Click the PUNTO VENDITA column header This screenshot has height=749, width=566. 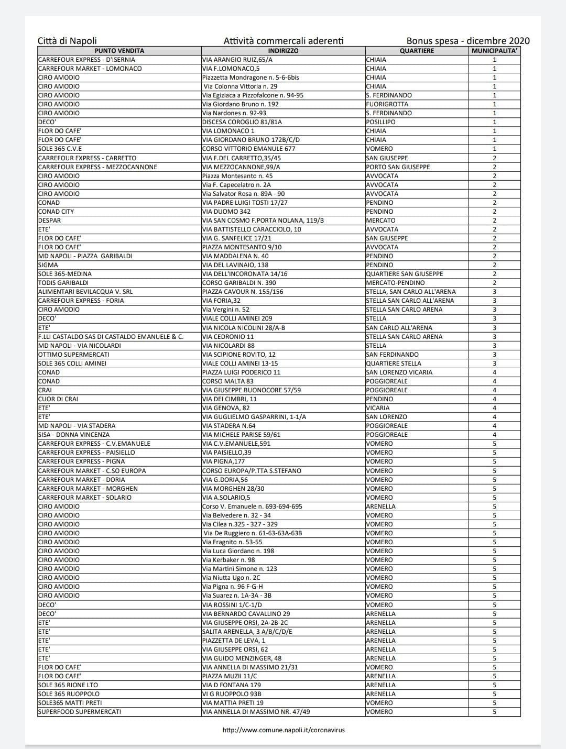pos(119,51)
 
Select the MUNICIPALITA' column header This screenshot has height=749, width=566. pos(495,51)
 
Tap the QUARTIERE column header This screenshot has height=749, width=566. pos(417,51)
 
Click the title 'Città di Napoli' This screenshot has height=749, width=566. pos(67,41)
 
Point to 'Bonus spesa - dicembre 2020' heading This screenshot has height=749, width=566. pos(468,41)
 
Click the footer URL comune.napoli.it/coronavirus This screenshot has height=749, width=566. pos(284,730)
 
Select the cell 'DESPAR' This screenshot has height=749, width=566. pos(50,221)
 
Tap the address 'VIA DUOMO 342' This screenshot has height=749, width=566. pos(226,212)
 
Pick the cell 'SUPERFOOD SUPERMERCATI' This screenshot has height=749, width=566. pos(80,712)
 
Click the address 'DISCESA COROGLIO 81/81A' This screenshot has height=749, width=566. pos(242,122)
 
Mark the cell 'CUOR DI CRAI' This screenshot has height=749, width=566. pos(58,399)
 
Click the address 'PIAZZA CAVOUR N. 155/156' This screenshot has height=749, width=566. pos(243,292)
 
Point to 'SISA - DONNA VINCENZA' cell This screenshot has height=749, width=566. pos(74,435)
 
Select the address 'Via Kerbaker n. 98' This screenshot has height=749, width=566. pos(228,560)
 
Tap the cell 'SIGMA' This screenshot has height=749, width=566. pos(48,265)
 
